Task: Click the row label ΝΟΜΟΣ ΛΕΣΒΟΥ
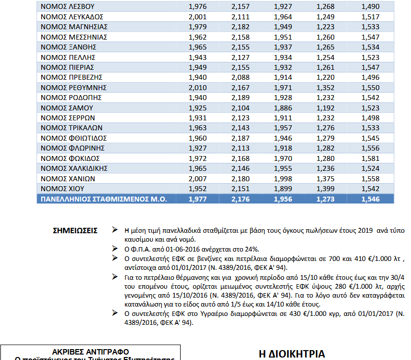click(x=67, y=6)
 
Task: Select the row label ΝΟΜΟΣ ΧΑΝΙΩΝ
click(x=68, y=178)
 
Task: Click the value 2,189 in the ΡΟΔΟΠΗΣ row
click(x=241, y=98)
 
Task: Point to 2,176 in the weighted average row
click(x=241, y=199)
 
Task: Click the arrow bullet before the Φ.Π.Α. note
click(x=114, y=248)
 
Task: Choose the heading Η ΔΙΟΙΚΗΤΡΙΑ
click(x=292, y=354)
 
